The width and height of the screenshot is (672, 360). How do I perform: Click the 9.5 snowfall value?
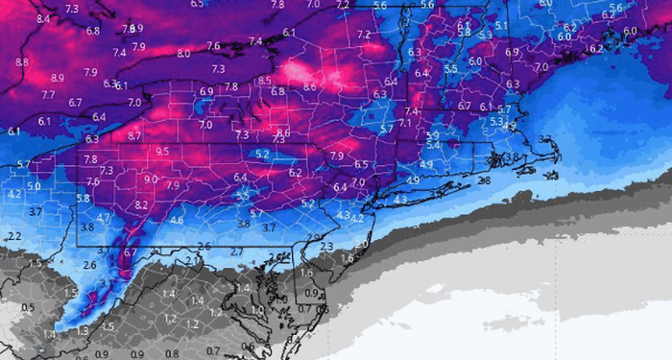(162, 152)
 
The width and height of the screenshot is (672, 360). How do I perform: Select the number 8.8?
(21, 62)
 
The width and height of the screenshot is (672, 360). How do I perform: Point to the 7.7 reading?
(48, 95)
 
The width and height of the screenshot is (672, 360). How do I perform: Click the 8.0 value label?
(182, 54)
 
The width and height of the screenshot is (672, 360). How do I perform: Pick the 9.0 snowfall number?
(151, 179)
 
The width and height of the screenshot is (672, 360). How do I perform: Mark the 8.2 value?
(141, 204)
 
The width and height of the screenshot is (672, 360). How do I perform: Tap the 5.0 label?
(35, 186)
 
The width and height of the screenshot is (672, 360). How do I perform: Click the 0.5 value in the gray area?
(28, 308)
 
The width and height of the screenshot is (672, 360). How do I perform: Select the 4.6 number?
(176, 221)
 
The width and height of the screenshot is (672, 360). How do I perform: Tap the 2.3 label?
(326, 247)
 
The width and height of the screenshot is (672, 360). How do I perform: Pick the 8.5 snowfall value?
(291, 80)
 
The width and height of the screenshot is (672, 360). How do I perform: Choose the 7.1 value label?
(405, 123)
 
